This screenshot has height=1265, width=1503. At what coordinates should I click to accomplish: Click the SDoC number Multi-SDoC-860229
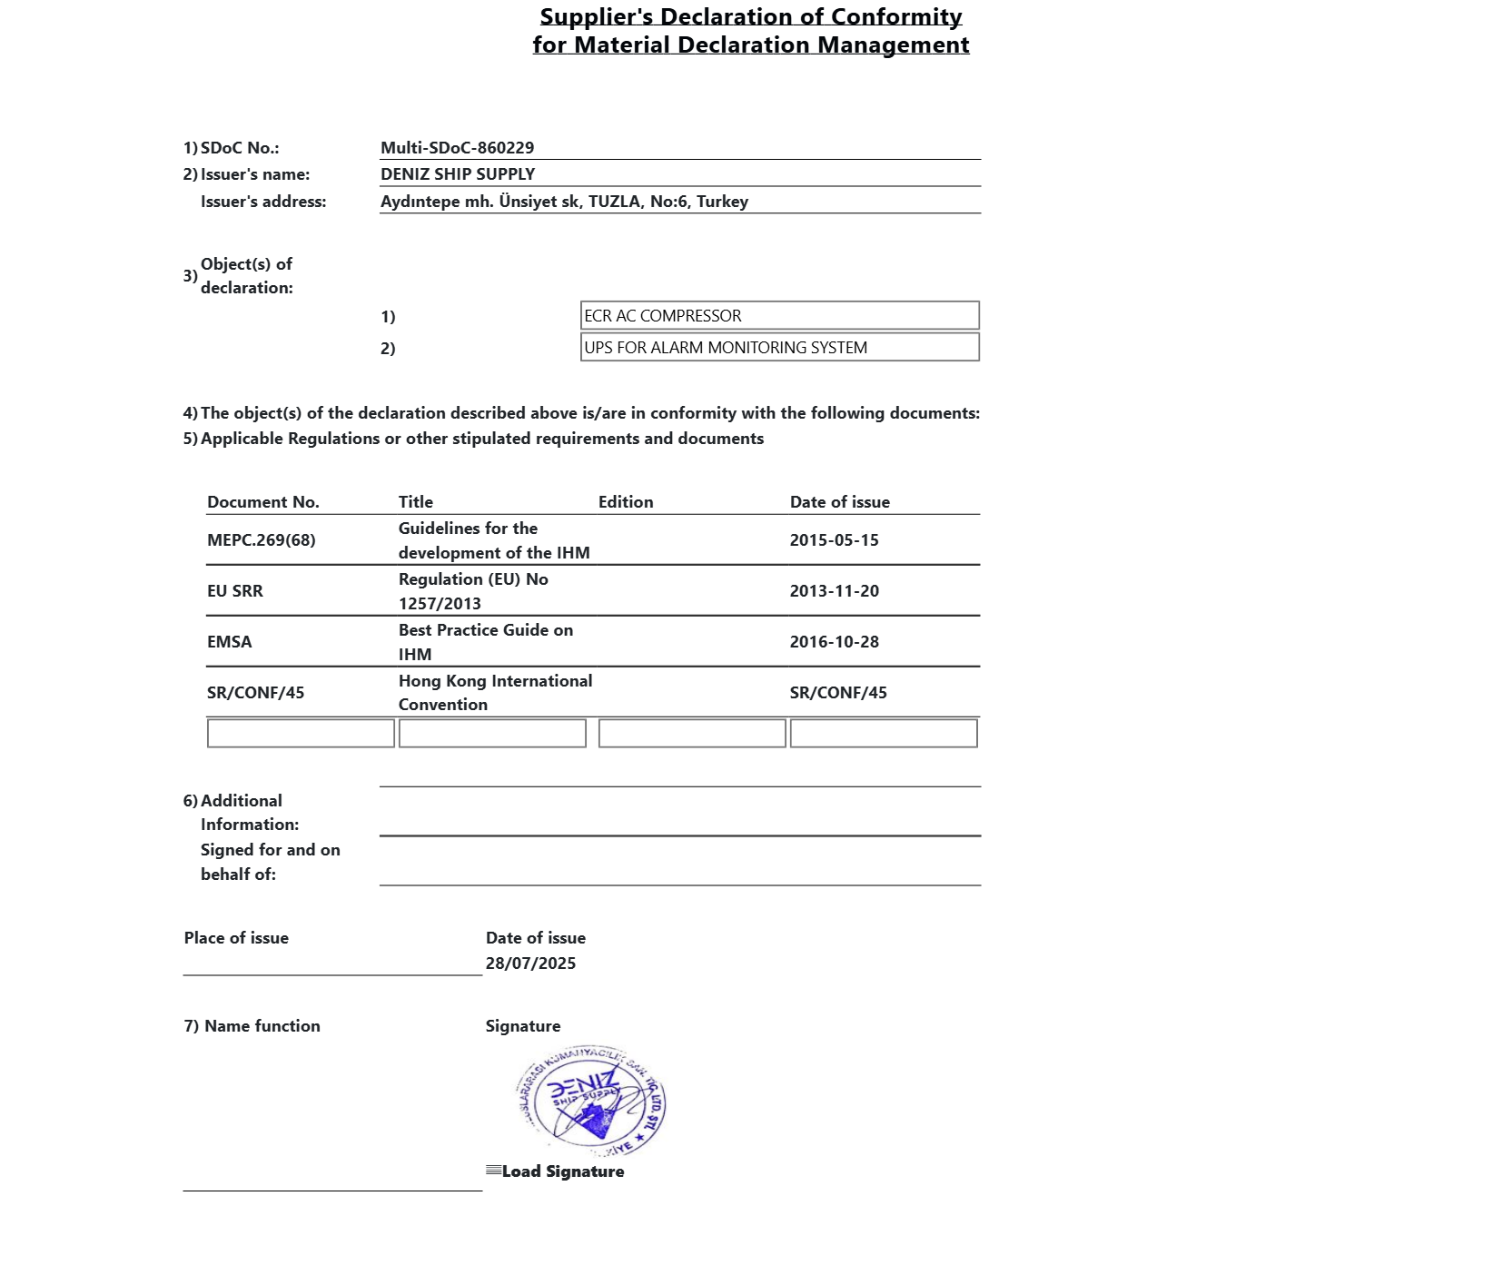(457, 148)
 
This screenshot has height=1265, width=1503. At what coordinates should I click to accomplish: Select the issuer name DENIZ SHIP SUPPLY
(458, 174)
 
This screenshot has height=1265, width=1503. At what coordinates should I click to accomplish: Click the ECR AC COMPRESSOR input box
(779, 316)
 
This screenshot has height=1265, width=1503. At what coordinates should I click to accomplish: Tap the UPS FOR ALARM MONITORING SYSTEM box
(779, 348)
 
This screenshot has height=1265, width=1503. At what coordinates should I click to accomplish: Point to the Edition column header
(626, 502)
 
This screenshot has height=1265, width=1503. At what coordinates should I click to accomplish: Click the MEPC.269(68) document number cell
(262, 540)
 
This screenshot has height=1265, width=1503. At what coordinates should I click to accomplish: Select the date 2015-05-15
(834, 540)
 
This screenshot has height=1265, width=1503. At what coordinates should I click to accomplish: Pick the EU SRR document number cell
(235, 591)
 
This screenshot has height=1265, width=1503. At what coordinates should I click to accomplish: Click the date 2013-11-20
(834, 591)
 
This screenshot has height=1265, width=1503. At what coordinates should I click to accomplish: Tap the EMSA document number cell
(230, 642)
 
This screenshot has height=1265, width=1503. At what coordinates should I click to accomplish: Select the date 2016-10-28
(834, 642)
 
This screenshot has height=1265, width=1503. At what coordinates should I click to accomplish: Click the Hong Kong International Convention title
(494, 693)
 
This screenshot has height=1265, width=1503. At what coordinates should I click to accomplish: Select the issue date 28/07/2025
(530, 964)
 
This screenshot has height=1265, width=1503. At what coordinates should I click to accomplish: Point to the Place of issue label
(236, 938)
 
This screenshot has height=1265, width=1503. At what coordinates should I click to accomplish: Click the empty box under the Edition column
(692, 734)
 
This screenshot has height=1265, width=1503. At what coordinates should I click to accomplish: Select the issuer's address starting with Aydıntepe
(564, 202)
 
